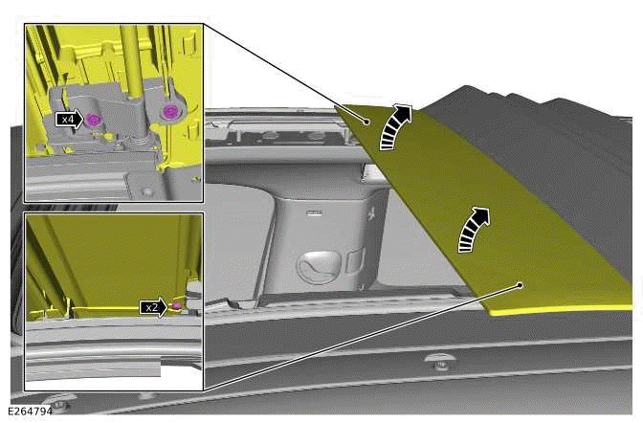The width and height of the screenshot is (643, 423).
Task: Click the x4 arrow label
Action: click(x=69, y=120)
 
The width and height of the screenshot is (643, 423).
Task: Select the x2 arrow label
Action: click(x=154, y=307)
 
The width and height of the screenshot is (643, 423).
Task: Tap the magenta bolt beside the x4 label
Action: click(x=94, y=120)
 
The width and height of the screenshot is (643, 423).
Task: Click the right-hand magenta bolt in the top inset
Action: click(x=169, y=111)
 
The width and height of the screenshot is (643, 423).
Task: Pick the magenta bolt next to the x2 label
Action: click(x=177, y=305)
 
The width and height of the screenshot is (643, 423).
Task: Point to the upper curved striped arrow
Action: click(x=392, y=126)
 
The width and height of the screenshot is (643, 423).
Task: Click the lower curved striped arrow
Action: click(x=472, y=230)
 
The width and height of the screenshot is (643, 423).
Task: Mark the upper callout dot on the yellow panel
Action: click(x=367, y=122)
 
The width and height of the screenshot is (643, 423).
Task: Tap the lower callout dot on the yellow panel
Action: click(x=520, y=285)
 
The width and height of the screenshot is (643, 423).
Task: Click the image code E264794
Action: click(x=30, y=411)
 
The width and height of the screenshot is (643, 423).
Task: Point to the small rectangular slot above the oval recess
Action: click(x=315, y=212)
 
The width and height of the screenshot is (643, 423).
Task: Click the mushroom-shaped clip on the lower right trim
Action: click(x=440, y=362)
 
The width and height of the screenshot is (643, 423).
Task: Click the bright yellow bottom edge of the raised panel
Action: click(x=561, y=309)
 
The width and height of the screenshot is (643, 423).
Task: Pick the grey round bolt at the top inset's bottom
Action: click(x=147, y=191)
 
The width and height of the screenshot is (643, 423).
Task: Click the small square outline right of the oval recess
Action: click(x=354, y=259)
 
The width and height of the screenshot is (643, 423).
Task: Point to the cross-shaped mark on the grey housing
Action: click(x=372, y=213)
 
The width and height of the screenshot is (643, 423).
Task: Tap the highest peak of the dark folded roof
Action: click(x=465, y=86)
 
